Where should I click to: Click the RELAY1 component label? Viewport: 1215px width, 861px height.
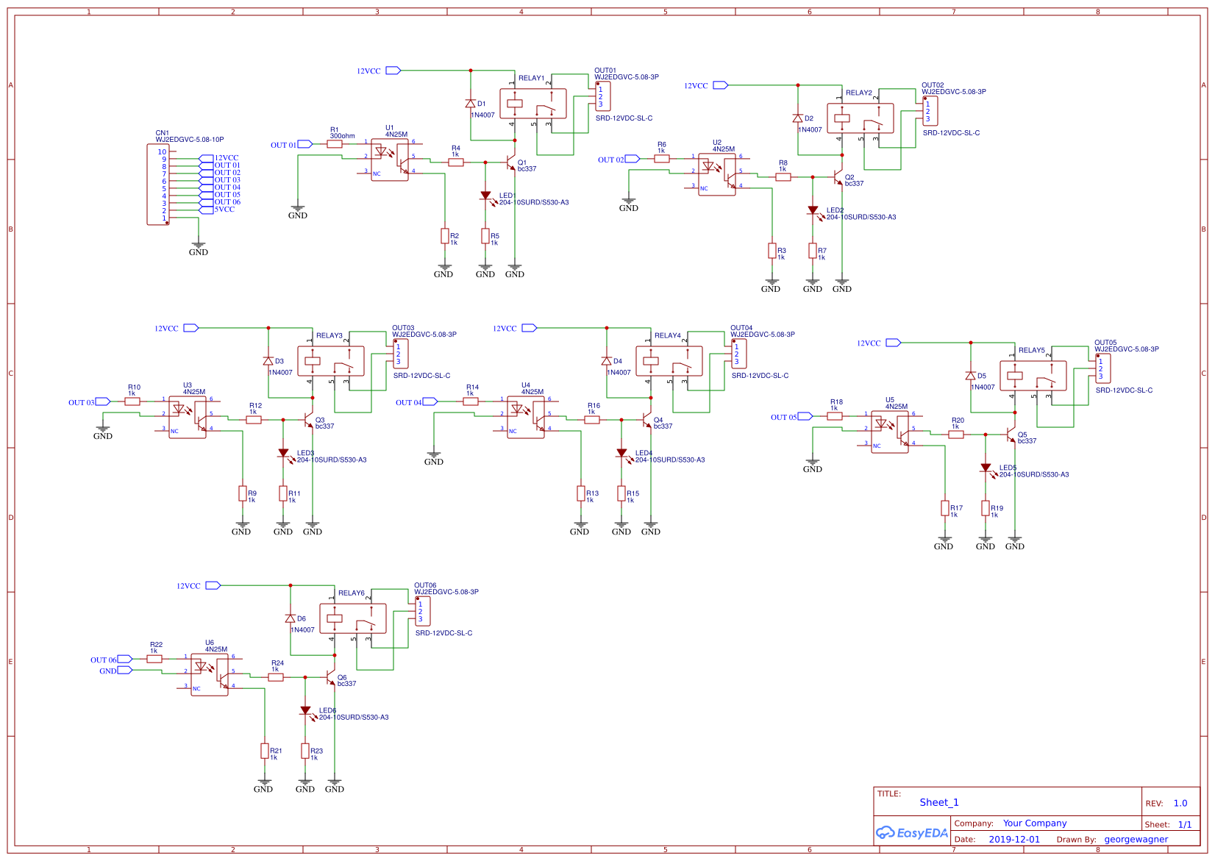[x=531, y=78]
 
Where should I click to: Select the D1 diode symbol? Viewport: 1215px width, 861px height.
[x=470, y=104]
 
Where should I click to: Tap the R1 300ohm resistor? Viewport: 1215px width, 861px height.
[x=335, y=144]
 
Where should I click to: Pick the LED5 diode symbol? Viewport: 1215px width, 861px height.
[x=986, y=468]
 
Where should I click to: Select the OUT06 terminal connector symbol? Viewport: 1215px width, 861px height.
[x=422, y=611]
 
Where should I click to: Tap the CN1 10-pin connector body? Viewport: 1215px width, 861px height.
[x=157, y=185]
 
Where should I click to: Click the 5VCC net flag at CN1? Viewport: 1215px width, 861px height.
[x=206, y=210]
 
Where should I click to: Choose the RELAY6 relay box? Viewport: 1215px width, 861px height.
[x=353, y=618]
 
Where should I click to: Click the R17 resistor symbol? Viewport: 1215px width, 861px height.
[x=945, y=508]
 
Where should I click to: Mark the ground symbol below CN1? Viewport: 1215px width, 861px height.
[x=198, y=245]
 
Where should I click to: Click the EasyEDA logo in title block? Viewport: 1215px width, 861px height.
[x=911, y=832]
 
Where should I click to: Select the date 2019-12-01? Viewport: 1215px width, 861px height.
[x=1014, y=839]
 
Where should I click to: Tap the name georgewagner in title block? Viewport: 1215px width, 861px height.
[x=1136, y=839]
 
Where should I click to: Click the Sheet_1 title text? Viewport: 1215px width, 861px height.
[x=938, y=802]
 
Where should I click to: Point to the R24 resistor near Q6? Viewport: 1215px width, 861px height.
[x=276, y=677]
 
